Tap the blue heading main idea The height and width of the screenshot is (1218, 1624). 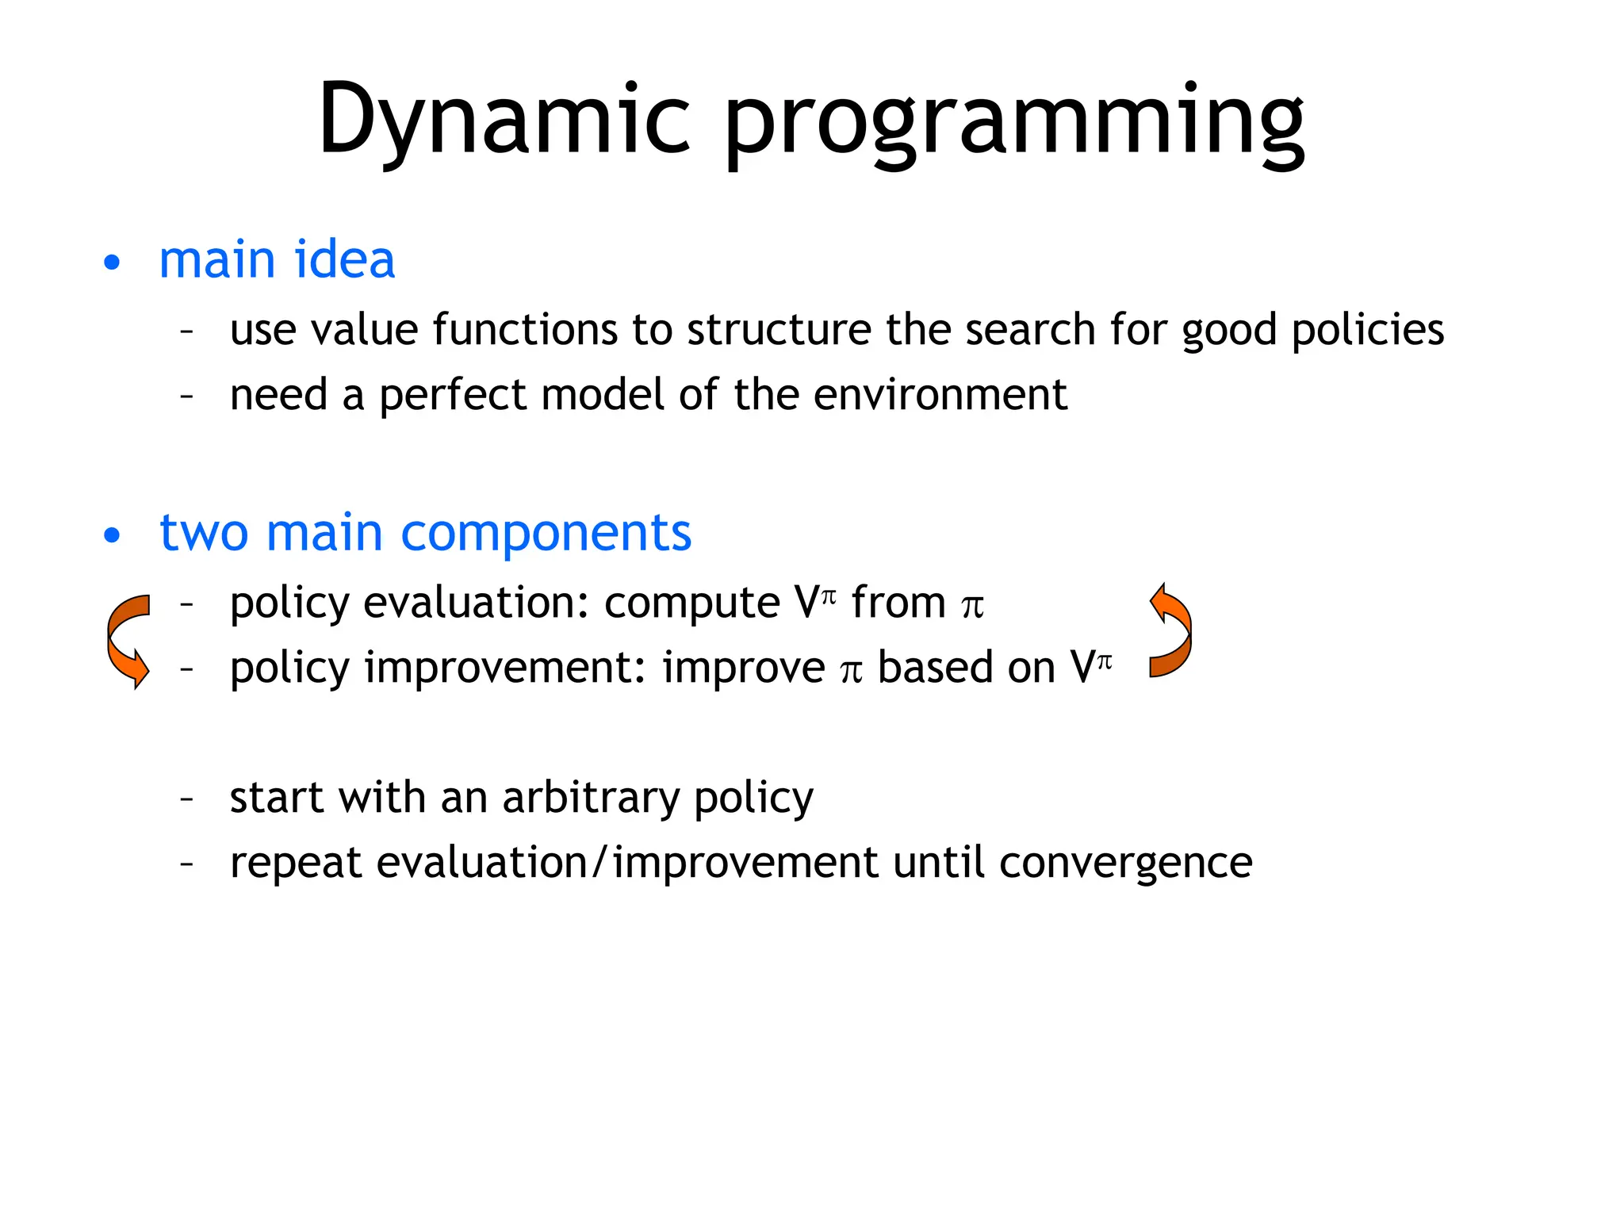coord(277,259)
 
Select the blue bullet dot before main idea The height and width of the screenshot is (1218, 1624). coord(112,263)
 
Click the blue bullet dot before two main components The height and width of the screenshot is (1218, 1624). coord(112,535)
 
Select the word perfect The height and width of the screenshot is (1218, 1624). coord(453,395)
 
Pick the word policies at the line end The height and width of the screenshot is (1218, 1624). coord(1367,329)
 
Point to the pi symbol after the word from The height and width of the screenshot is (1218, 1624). coord(972,606)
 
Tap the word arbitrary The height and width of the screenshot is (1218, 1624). coord(590,797)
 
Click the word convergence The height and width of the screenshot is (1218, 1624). coord(1125,863)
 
